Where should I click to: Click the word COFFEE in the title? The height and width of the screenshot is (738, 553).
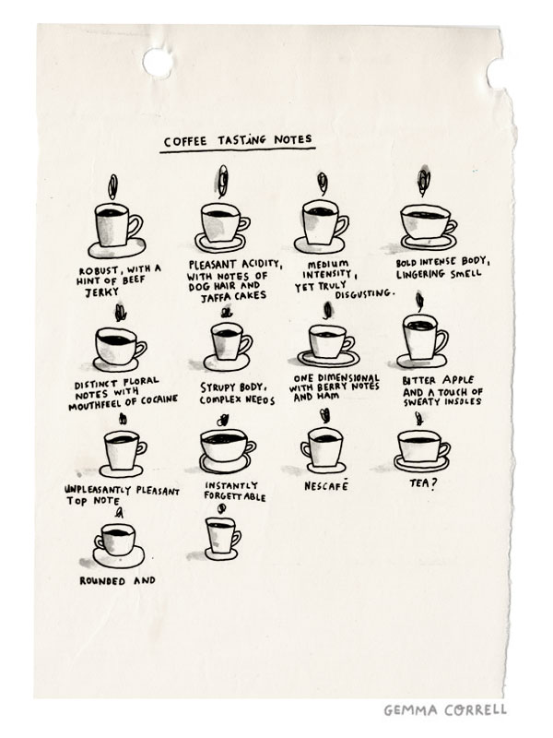(185, 141)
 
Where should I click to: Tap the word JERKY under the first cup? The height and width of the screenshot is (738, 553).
(102, 292)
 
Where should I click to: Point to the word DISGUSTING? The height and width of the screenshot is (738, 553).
(364, 294)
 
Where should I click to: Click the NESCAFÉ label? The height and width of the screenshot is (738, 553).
(326, 485)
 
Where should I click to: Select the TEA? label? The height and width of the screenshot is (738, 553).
(423, 483)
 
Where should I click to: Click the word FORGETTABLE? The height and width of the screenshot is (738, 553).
(235, 497)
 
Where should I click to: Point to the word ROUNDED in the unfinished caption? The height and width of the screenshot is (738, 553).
(102, 581)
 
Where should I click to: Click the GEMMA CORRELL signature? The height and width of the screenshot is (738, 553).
(445, 709)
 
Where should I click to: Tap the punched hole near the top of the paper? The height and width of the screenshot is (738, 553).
(158, 63)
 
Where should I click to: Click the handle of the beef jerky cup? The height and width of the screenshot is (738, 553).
(135, 226)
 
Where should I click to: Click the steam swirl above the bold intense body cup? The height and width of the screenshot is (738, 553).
(424, 182)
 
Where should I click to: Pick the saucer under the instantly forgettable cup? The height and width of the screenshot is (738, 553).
(225, 463)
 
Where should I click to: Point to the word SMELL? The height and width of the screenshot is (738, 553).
(466, 273)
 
